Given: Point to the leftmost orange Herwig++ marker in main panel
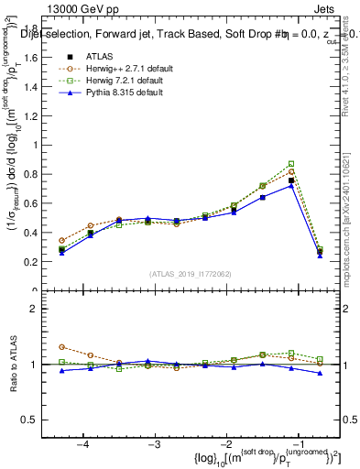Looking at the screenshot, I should pyautogui.click(x=61, y=240).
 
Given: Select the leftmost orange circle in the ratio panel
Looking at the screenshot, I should pyautogui.click(x=61, y=347).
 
